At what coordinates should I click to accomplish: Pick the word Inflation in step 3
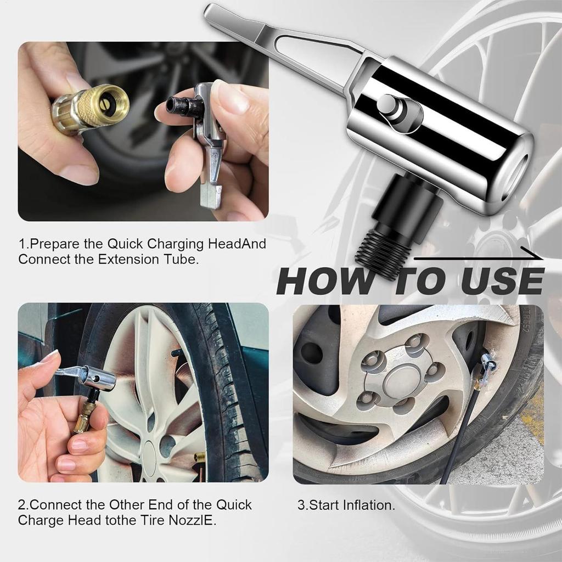click(367, 505)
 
